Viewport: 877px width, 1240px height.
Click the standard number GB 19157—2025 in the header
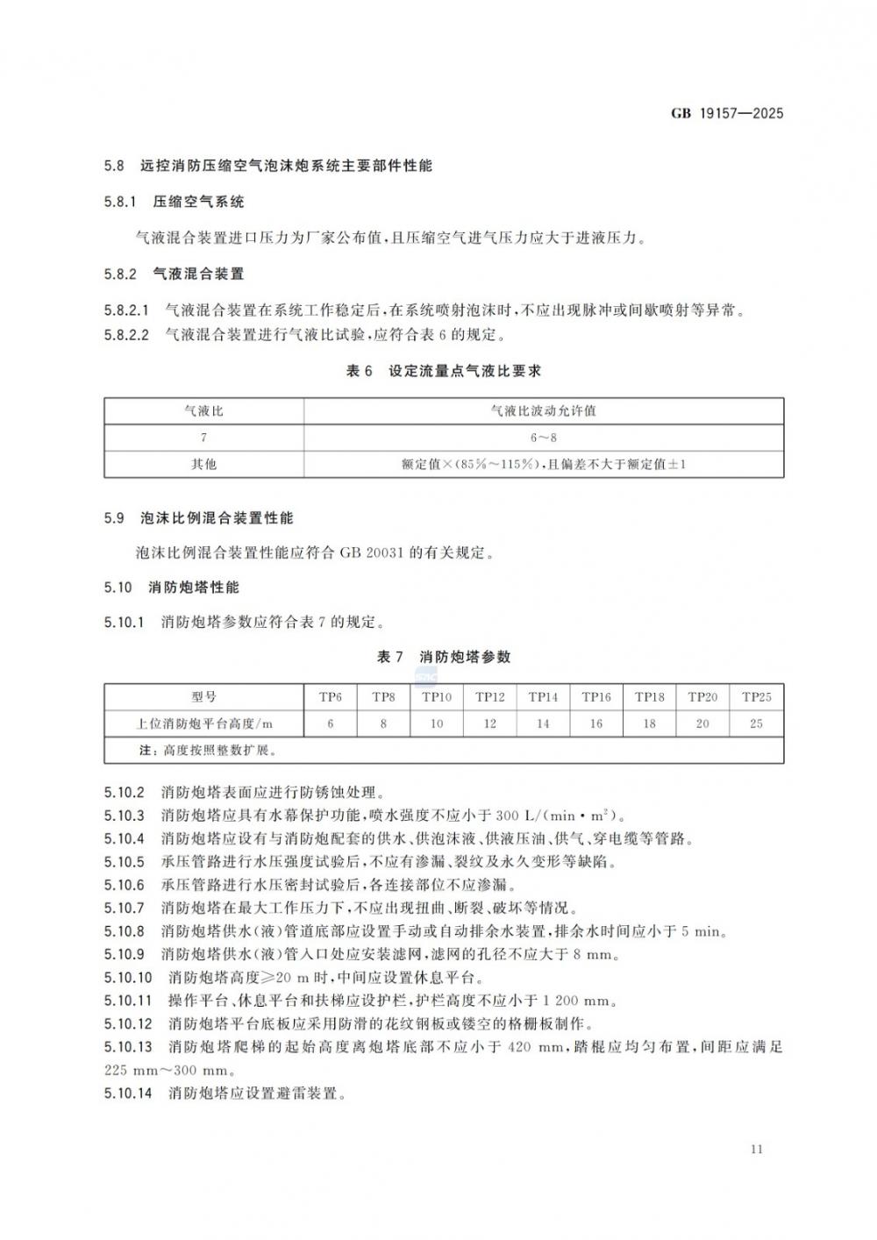pos(727,113)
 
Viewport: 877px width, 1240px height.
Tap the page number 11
pos(758,1149)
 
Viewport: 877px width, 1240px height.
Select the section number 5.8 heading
pos(114,166)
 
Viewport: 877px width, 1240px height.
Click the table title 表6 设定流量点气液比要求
pos(444,371)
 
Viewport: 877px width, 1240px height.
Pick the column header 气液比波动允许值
pos(544,410)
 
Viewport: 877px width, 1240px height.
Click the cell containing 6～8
pos(544,437)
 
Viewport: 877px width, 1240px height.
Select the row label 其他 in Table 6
pos(203,463)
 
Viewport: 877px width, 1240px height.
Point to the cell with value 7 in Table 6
pos(203,437)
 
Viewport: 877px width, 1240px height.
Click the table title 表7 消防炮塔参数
pos(444,657)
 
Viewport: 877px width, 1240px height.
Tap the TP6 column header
pos(331,697)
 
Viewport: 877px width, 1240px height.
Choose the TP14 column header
pos(543,697)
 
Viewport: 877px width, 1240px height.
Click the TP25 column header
pos(757,697)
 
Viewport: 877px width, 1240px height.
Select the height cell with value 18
pos(650,723)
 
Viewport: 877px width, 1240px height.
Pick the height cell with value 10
pos(437,723)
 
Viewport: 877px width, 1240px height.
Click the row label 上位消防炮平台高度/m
pos(203,723)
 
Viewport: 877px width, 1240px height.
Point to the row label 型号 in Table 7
pos(203,697)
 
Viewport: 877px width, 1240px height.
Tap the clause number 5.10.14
pos(128,1094)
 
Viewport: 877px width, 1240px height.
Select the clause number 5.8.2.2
pos(127,334)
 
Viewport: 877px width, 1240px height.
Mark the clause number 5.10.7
pos(124,908)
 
